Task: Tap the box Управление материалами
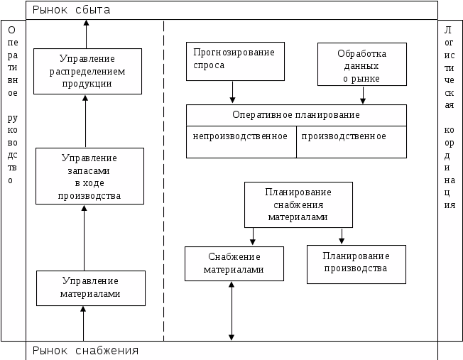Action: [x=91, y=288]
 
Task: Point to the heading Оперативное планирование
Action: [x=296, y=114]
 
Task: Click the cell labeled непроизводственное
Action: [x=241, y=136]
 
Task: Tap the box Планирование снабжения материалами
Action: [x=298, y=204]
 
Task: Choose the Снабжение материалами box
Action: [x=234, y=263]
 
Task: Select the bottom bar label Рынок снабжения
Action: [x=86, y=351]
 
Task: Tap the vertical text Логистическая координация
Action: [x=449, y=117]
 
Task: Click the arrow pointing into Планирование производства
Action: [x=342, y=236]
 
